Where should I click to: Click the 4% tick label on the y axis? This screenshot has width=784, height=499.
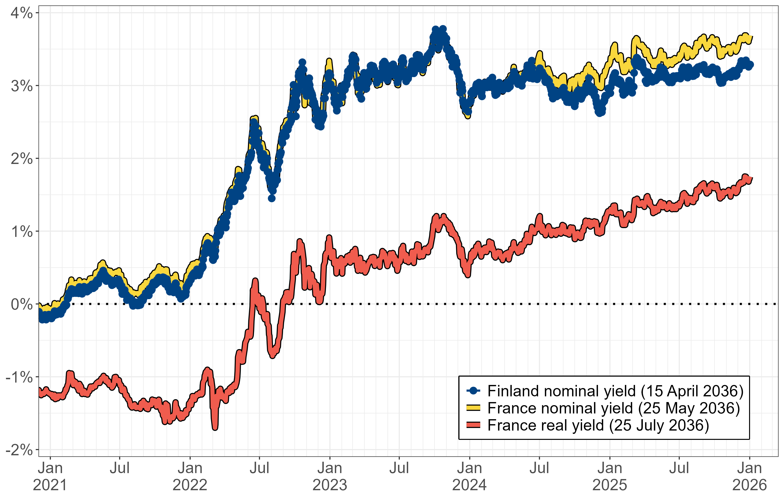pyautogui.click(x=21, y=13)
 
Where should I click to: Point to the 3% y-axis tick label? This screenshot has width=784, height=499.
pyautogui.click(x=21, y=86)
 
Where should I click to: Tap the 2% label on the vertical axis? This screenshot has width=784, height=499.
pyautogui.click(x=21, y=159)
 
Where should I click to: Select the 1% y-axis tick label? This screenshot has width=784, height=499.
pyautogui.click(x=21, y=232)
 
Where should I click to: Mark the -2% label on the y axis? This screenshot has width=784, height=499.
pyautogui.click(x=19, y=450)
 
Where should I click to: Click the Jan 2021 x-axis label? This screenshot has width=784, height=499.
pyautogui.click(x=50, y=476)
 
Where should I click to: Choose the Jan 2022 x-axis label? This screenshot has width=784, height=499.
pyautogui.click(x=190, y=476)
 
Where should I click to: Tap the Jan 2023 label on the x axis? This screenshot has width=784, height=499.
pyautogui.click(x=330, y=476)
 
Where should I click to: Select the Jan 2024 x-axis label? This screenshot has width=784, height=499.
pyautogui.click(x=469, y=476)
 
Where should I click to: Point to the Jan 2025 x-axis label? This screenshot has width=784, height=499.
pyautogui.click(x=609, y=476)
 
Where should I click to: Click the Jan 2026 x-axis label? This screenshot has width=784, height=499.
pyautogui.click(x=750, y=476)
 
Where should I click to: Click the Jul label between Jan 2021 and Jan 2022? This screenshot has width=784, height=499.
pyautogui.click(x=120, y=468)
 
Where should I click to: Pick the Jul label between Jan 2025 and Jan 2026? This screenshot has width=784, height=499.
pyautogui.click(x=679, y=468)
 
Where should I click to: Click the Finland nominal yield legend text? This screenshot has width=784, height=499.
pyautogui.click(x=615, y=391)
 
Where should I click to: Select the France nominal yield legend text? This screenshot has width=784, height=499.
pyautogui.click(x=614, y=408)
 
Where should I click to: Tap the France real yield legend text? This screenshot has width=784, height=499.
pyautogui.click(x=598, y=425)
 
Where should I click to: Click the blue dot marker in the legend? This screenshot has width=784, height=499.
pyautogui.click(x=473, y=391)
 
